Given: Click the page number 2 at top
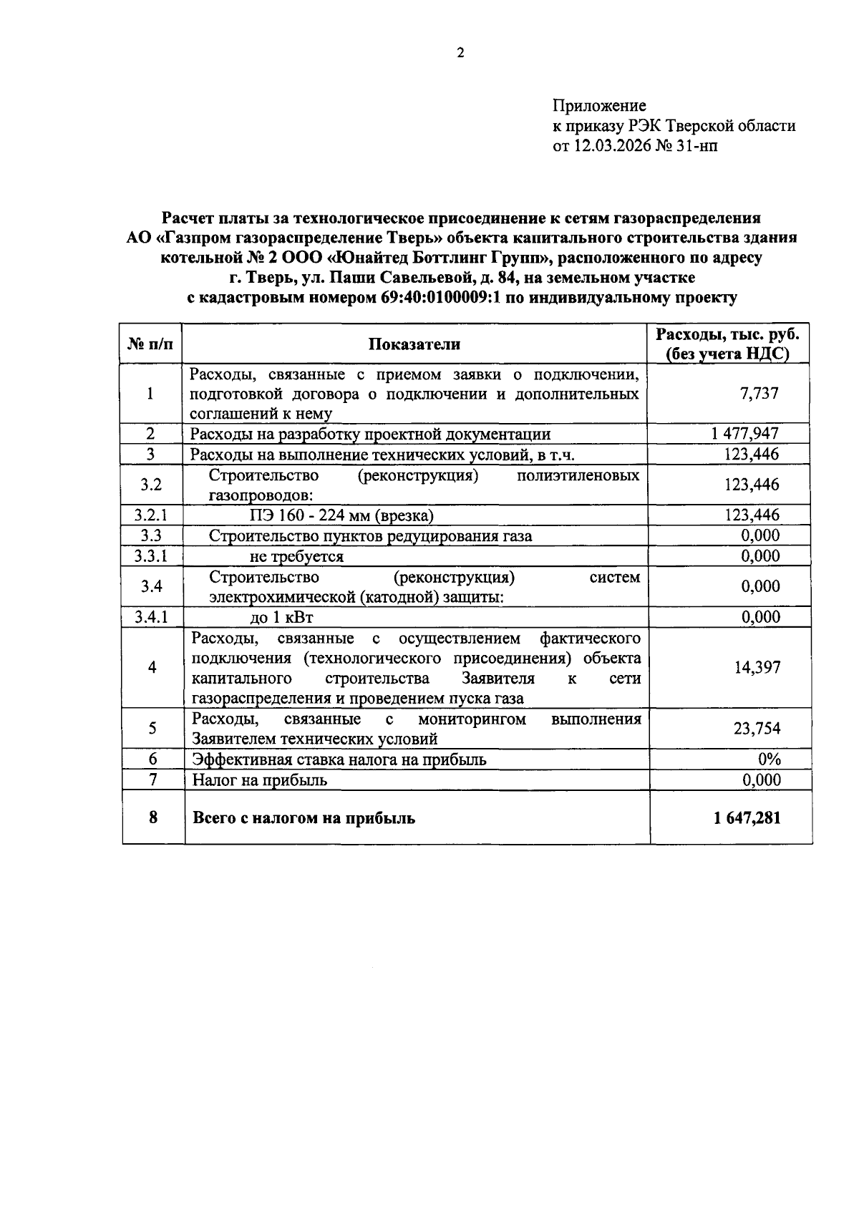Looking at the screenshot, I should pos(460,52).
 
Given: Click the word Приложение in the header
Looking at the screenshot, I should pos(598,106).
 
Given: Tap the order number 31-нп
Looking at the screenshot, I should pos(695,146).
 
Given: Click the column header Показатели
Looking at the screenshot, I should pos(414,344).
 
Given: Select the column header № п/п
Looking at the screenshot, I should pos(151,344).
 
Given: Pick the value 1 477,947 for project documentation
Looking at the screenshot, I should pos(745,433).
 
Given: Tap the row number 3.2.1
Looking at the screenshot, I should pos(151,515).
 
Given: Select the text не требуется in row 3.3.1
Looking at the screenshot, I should pos(296,556).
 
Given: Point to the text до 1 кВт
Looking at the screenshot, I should pos(281,617).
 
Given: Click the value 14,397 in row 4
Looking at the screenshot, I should pos(757,667).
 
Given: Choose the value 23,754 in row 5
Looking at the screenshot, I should pos(757,729).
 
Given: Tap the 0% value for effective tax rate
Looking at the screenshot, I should pos(769,759).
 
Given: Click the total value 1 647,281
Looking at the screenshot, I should pos(747,817).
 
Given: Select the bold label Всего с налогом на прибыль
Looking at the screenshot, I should pos(304,817).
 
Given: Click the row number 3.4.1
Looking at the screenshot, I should pos(151,617).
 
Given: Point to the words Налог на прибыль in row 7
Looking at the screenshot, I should pos(260,780).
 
